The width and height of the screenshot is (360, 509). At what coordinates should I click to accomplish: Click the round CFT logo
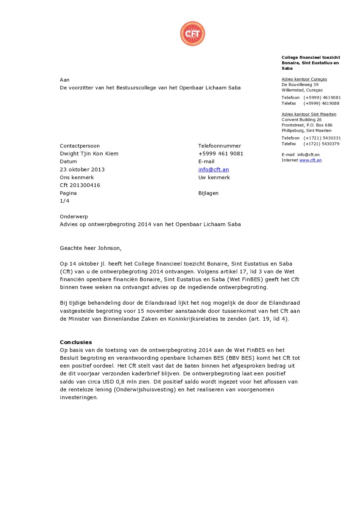tap(193, 33)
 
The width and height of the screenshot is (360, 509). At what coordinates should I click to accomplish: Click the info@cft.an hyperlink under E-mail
tap(213, 169)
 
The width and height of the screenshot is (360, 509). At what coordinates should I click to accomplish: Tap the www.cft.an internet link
tap(310, 160)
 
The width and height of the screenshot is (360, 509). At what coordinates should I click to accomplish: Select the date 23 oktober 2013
tap(82, 169)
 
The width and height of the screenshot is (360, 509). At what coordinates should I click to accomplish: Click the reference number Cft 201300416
tap(80, 185)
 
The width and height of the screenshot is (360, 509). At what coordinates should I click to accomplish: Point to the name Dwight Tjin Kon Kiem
tap(89, 153)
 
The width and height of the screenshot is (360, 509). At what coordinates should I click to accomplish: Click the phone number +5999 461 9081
tap(220, 153)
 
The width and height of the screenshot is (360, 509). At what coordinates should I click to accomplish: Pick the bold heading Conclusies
tap(76, 342)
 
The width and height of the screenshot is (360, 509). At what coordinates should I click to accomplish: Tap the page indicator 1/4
tap(64, 201)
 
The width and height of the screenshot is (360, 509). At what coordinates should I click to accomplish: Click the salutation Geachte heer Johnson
tap(91, 248)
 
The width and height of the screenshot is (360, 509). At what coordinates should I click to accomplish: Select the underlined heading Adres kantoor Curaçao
tap(304, 79)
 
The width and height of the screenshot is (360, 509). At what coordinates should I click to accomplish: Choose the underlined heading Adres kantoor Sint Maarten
tap(309, 114)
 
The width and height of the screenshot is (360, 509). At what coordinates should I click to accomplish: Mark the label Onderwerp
tap(73, 216)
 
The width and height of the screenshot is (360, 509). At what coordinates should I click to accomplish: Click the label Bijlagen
tap(208, 193)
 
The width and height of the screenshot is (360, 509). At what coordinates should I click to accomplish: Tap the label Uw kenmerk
tap(214, 177)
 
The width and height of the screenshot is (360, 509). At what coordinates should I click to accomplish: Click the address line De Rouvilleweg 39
tap(300, 85)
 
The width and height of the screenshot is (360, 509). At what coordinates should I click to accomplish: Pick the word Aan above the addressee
tap(64, 80)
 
